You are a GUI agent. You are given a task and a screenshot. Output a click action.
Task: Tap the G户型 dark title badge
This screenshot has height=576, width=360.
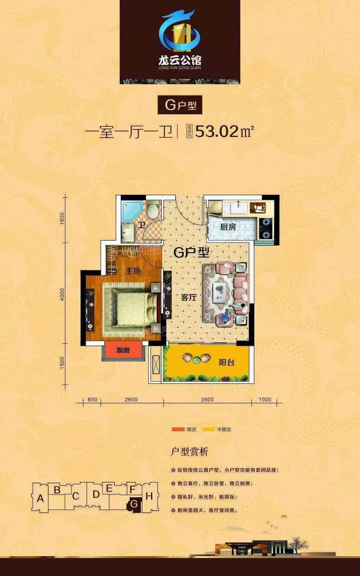(x=180, y=105)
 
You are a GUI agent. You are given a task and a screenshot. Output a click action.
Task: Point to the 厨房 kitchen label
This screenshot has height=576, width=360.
(x=228, y=227)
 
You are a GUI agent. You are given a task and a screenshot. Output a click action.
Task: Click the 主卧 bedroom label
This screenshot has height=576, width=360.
(x=132, y=271)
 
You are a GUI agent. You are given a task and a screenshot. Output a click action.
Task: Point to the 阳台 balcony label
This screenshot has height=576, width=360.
(x=227, y=363)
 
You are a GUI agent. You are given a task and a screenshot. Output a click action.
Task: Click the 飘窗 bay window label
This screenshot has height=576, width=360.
(x=123, y=351)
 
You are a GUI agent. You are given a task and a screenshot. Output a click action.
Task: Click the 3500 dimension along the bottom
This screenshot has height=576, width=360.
(x=207, y=399)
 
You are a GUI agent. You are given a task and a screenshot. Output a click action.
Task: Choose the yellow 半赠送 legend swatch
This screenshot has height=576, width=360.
(x=209, y=429)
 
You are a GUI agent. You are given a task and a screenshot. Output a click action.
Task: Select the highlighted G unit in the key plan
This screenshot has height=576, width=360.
(x=134, y=504)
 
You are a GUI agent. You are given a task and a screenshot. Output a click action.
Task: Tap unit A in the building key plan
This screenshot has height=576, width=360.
(x=40, y=498)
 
